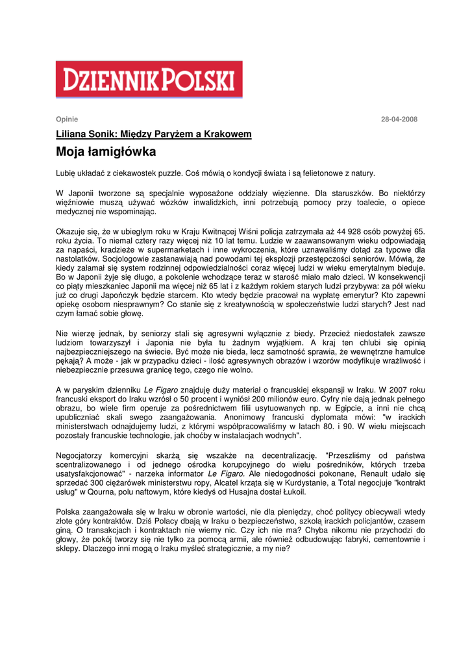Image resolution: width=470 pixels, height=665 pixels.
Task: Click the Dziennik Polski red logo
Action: point(149,79)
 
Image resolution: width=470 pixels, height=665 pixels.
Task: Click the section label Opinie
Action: point(67,119)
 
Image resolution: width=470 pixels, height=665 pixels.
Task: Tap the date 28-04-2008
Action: point(399,119)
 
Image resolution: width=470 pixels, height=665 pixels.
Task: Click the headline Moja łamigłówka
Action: point(105,153)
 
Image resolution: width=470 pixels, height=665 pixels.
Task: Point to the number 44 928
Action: point(327,231)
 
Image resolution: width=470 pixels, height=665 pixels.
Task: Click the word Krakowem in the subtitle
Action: point(228,134)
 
